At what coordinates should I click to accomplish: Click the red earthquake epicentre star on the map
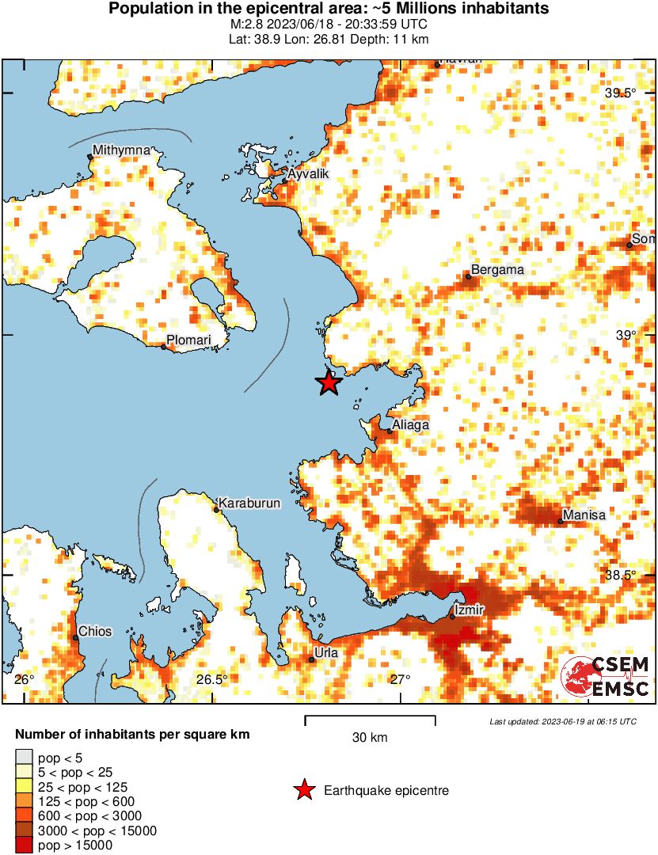[329, 383]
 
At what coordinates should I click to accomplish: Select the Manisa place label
[584, 515]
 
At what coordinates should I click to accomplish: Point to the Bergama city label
[497, 270]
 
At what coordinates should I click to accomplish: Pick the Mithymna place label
[120, 150]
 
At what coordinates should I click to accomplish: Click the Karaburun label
[249, 503]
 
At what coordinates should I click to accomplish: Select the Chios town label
[93, 632]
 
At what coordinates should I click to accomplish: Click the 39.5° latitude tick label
[621, 93]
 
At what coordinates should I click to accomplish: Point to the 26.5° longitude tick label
[212, 680]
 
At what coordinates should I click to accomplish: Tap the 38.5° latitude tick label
[621, 575]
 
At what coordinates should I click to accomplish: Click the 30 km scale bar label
[370, 738]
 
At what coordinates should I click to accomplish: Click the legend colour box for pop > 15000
[25, 845]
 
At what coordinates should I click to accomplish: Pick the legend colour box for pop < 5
[25, 758]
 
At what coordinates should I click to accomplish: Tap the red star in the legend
[303, 790]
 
